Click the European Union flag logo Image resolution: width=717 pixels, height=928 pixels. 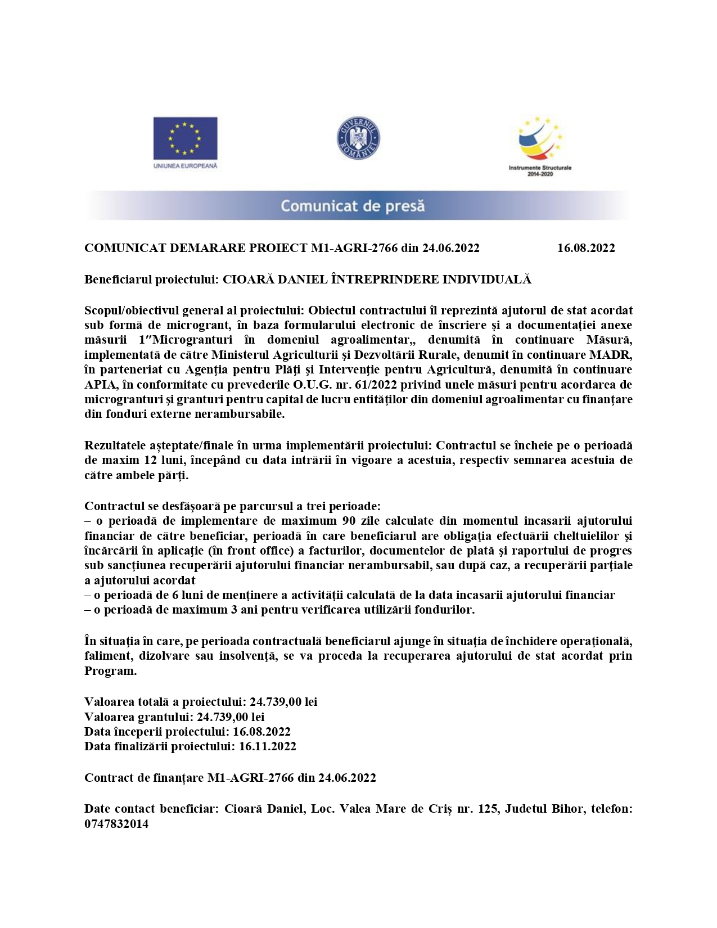tap(185, 138)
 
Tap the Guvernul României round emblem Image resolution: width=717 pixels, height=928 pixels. tap(358, 138)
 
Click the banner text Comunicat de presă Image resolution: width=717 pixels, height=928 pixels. tap(353, 206)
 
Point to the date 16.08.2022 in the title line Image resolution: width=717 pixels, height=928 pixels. tap(586, 248)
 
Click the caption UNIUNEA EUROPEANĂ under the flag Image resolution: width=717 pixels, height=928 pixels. tap(185, 166)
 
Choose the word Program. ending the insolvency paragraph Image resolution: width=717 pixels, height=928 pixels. tap(110, 671)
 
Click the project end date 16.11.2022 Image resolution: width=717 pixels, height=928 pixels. tap(267, 746)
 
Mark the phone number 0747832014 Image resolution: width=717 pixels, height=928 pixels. tap(116, 824)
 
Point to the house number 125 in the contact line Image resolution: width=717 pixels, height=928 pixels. tap(487, 809)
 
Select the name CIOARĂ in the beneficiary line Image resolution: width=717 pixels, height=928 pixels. tap(245, 280)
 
